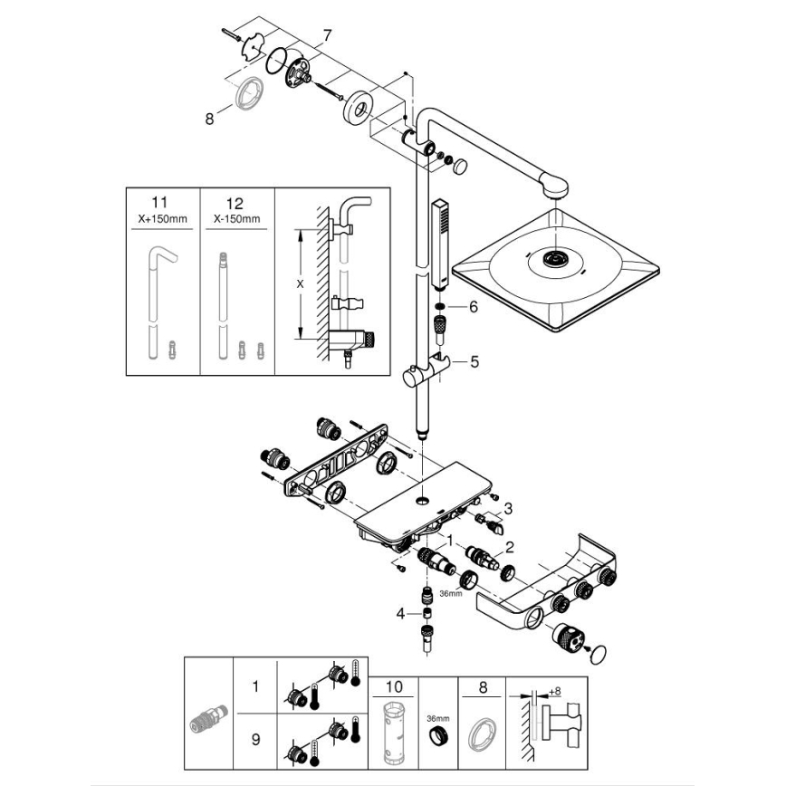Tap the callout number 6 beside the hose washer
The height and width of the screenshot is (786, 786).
tap(473, 307)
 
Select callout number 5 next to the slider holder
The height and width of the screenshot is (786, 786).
tap(474, 362)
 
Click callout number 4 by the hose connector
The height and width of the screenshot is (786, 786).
tap(400, 613)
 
